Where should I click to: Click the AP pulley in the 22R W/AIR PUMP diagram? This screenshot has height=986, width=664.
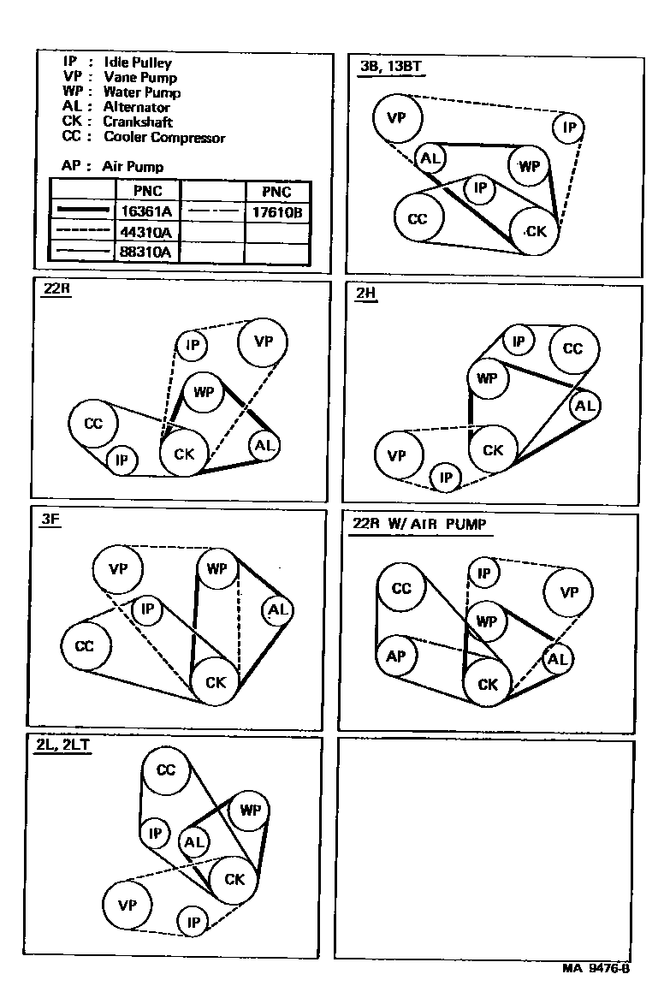coord(396,656)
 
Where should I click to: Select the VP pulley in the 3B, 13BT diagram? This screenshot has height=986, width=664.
coord(396,118)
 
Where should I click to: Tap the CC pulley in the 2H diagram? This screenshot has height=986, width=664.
coord(572,348)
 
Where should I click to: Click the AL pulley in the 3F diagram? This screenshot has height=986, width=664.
coord(278,610)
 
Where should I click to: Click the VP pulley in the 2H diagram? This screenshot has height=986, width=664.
coord(396,455)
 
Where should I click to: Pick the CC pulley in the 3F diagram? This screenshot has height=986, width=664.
coord(85,647)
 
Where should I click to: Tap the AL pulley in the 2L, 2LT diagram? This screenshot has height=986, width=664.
coord(194,841)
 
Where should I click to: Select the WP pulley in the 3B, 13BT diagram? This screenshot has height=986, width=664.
coord(530,166)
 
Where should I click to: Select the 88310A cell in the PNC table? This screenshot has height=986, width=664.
coord(148,252)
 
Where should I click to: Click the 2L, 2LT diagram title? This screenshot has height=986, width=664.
coord(62,745)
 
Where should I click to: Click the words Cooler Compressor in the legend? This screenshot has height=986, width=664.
coord(164,137)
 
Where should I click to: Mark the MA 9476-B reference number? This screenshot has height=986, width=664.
coord(596,968)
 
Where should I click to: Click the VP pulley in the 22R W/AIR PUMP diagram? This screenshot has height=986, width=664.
coord(569,592)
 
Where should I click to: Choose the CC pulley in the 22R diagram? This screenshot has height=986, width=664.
coord(93,424)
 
